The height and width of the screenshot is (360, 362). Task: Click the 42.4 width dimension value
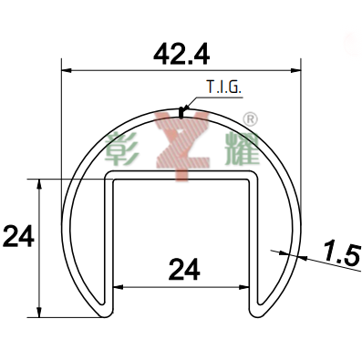(181, 55)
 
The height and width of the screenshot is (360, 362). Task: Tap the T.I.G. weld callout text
(224, 87)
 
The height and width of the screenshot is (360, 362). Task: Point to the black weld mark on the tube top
(181, 112)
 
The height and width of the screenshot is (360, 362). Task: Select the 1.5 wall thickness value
(341, 252)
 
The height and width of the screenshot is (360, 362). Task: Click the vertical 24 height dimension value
(18, 236)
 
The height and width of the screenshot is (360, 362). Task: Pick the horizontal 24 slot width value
(184, 269)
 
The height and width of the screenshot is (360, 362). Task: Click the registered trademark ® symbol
(251, 119)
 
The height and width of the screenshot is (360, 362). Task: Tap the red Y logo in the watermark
(181, 145)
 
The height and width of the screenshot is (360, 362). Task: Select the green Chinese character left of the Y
(121, 148)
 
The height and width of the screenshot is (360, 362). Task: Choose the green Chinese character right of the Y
(243, 149)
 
